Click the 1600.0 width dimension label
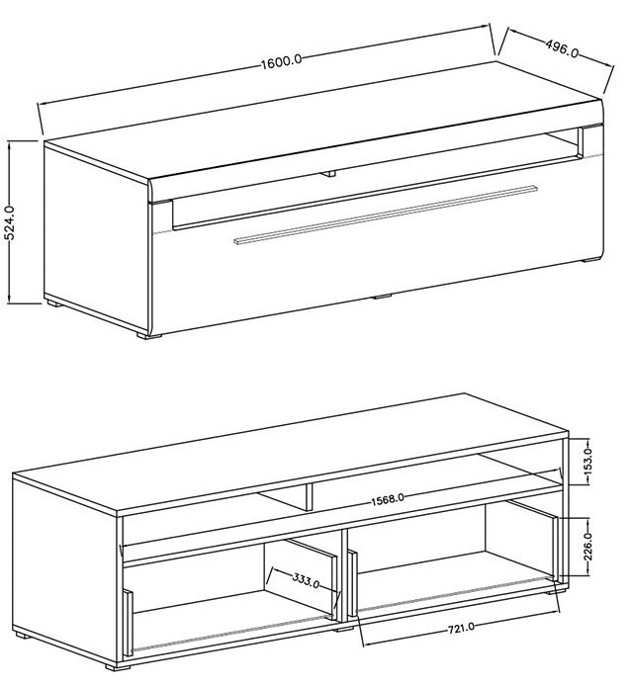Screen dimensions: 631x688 tap(282, 61)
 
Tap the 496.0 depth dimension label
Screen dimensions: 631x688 tap(562, 47)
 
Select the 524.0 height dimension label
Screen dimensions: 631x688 tap(9, 222)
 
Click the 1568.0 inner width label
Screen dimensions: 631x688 tap(387, 500)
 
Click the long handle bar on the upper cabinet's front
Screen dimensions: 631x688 tap(385, 215)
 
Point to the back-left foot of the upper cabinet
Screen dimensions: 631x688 tap(54, 303)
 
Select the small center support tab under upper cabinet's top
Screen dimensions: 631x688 tap(327, 173)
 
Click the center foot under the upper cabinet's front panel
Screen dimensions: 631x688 tap(383, 297)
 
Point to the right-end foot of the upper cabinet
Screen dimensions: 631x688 tap(590, 260)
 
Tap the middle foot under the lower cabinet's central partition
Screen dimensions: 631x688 tap(343, 630)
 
